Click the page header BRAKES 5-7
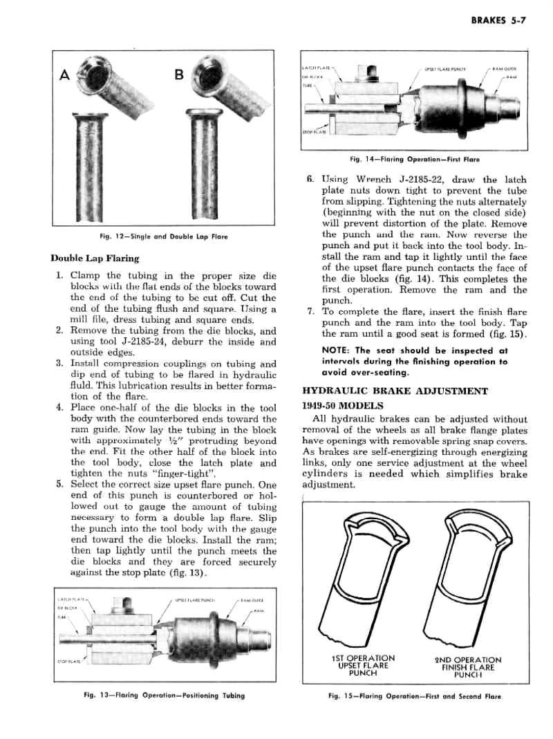(499, 21)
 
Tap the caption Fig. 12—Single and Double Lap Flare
(163, 237)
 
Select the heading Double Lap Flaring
(95, 259)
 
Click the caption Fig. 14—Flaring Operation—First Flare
(415, 159)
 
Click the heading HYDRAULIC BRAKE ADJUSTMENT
(395, 391)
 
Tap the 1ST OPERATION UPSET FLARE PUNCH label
(363, 665)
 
